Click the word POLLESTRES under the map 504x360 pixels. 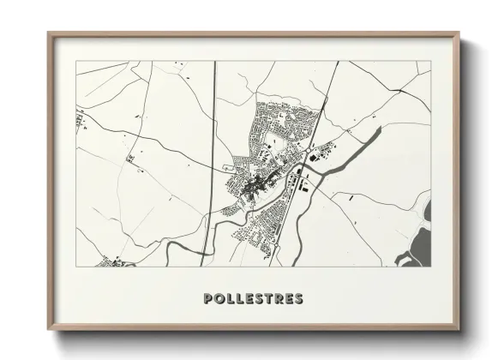253,299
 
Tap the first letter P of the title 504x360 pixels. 208,299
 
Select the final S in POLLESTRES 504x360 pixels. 298,299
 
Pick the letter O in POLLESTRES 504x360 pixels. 219,299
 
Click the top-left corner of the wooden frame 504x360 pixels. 49,33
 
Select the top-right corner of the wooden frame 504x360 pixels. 460,33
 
